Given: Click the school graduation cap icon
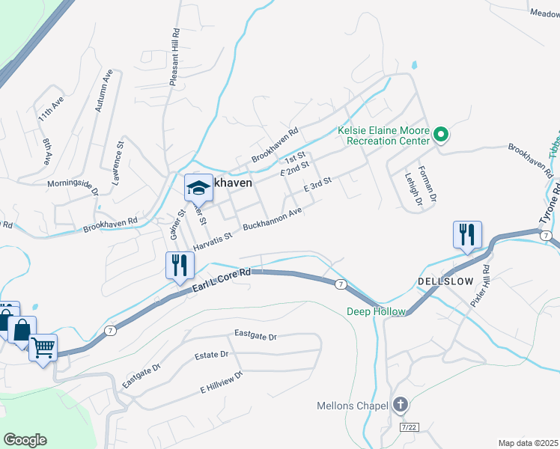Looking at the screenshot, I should (x=198, y=188).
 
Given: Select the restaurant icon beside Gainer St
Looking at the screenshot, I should (x=180, y=265).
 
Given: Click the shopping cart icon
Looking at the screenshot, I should (x=43, y=346).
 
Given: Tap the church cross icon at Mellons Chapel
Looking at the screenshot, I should (x=401, y=406).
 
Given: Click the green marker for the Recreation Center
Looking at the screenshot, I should (x=441, y=135).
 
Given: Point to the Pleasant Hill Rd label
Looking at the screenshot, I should (x=174, y=57).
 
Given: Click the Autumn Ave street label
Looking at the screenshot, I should (x=103, y=91).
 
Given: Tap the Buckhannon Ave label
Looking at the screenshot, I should (x=273, y=219).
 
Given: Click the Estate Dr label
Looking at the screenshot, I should (x=212, y=355).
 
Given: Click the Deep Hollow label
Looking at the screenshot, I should (x=376, y=311).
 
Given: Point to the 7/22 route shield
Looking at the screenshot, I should (x=409, y=426).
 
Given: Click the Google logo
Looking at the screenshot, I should (x=25, y=440).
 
